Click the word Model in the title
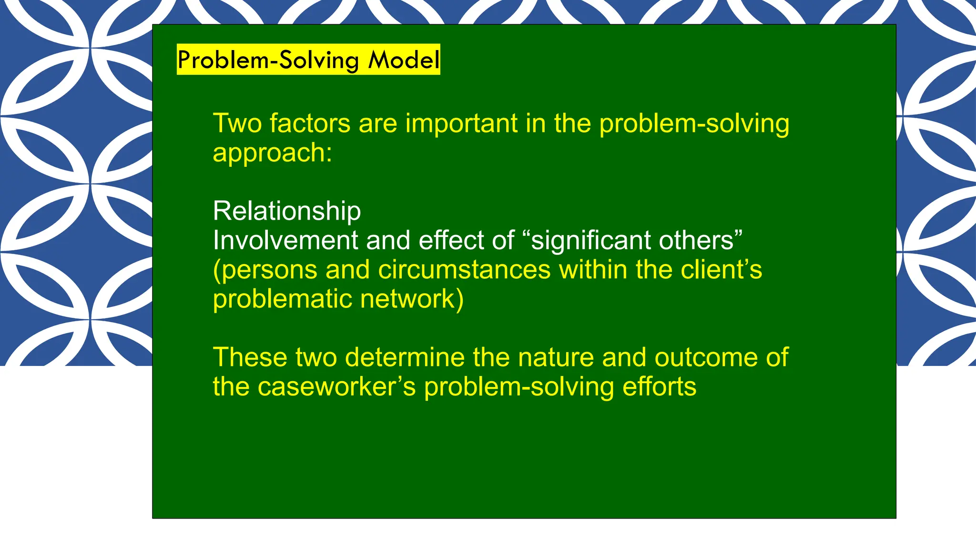pos(404,60)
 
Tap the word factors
pos(310,123)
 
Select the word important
pos(461,123)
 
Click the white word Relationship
pos(287,211)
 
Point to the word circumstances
pos(464,270)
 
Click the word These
pos(250,357)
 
